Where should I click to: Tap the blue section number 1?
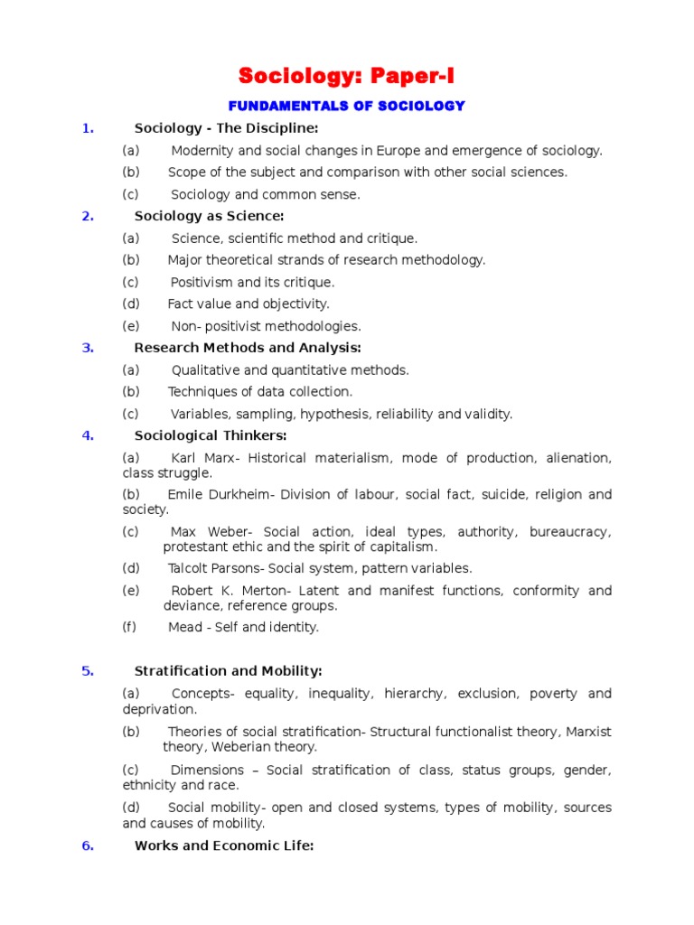(88, 128)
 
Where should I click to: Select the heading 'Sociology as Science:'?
(209, 216)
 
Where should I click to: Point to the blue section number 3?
(88, 348)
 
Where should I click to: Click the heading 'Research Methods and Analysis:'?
(248, 348)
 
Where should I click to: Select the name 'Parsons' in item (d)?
(237, 568)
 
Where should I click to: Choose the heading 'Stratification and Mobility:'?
(228, 671)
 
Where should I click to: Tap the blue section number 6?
(88, 846)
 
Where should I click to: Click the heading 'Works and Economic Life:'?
(224, 846)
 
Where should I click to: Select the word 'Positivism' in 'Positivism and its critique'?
(202, 283)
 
